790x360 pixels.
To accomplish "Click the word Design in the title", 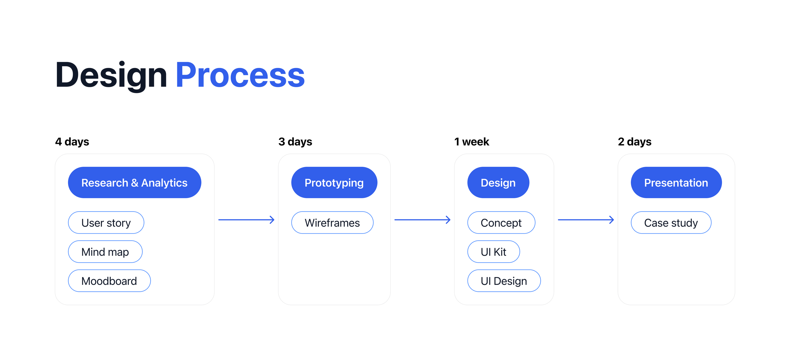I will coord(111,75).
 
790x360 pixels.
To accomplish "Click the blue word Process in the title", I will coord(240,75).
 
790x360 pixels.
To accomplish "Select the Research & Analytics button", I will coord(134,183).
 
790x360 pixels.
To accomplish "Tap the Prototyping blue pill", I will coord(334,183).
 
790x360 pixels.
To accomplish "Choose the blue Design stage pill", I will coord(498,183).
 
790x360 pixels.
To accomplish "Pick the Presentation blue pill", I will coord(676,183).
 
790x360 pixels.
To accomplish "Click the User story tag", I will coord(106,223).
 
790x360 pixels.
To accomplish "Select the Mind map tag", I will coord(105,252).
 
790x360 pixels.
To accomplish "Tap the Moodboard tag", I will coord(109,281).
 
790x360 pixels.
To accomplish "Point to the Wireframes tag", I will coord(332,223).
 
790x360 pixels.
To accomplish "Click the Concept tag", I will coord(501,223).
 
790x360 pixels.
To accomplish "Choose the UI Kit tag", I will coord(494,252).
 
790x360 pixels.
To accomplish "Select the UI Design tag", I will coord(504,281).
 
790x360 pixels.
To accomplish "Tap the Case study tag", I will coord(671,223).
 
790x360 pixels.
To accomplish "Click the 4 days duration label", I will coord(72,142).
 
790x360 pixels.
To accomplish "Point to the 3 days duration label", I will coord(295,142).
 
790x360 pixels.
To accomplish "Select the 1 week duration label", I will coord(471,142).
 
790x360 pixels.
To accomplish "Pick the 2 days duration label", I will coord(634,142).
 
